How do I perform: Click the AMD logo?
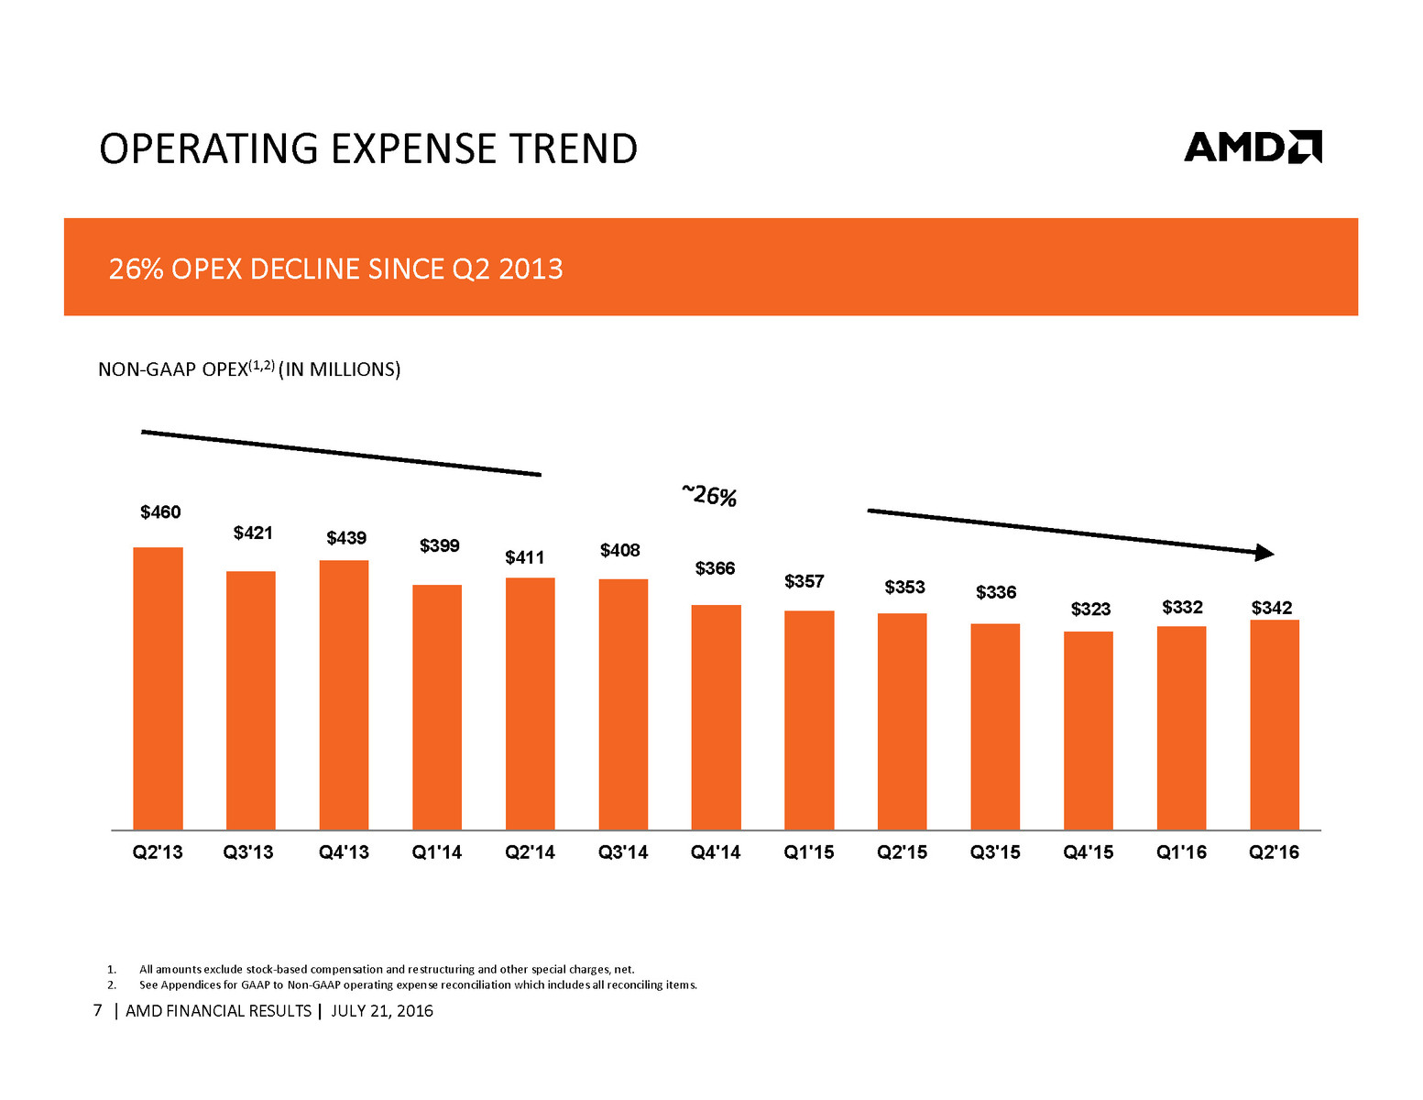point(1252,147)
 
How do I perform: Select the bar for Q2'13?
point(158,687)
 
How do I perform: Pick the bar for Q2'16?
point(1274,724)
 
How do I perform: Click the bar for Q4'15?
point(1088,730)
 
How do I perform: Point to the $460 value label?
point(160,512)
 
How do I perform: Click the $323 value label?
point(1090,610)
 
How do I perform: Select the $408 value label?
point(620,551)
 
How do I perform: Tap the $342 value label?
point(1272,608)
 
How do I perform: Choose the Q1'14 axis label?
point(437,852)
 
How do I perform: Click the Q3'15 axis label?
point(995,852)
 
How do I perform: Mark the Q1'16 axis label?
point(1181,852)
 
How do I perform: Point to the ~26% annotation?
point(709,496)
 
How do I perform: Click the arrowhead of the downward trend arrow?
point(1264,552)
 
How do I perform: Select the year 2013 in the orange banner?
point(531,269)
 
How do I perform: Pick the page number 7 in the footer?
point(98,1010)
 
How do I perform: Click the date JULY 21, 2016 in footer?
point(381,1011)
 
